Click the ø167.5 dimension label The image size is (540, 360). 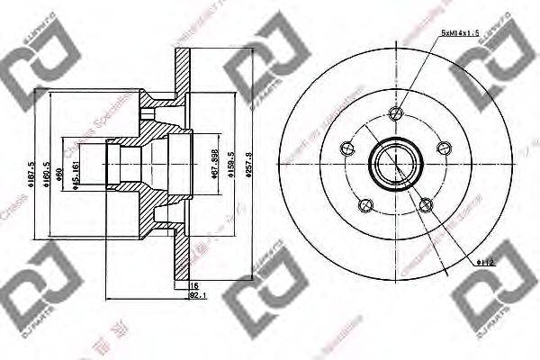(31, 171)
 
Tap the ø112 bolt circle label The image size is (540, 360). (486, 262)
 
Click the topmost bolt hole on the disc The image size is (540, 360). (395, 112)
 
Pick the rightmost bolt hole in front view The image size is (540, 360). (441, 147)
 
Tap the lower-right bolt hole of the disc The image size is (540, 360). (424, 203)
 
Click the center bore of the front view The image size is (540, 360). (395, 165)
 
